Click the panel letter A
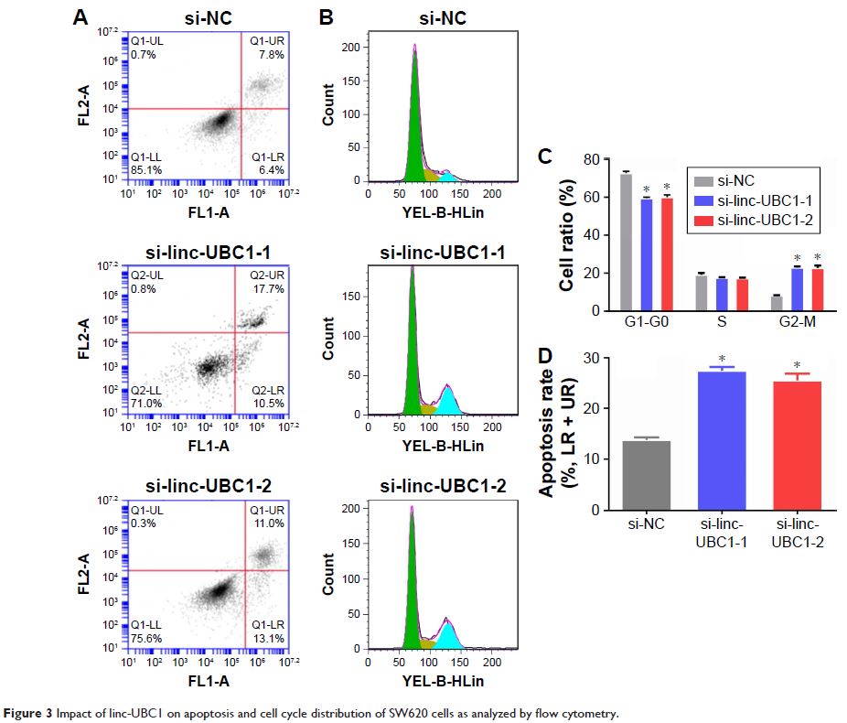(x=81, y=16)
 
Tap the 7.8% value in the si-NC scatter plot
(x=272, y=56)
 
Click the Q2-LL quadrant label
(x=146, y=389)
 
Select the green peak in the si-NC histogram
(x=415, y=128)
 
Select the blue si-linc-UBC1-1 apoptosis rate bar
(x=722, y=440)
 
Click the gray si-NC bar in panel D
(x=647, y=475)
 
